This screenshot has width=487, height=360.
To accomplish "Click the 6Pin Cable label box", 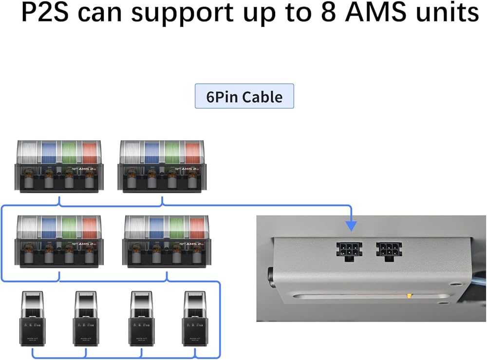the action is pos(244,96).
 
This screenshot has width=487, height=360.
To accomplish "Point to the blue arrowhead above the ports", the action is pos(351,225).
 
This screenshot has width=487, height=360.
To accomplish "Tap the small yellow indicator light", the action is pos(410,295).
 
